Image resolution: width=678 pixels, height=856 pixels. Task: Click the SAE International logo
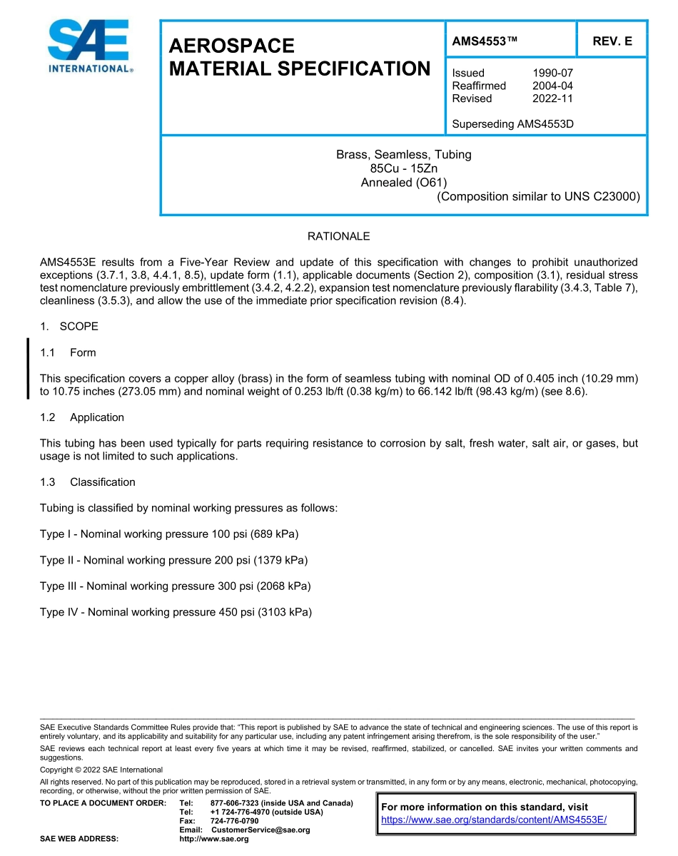coord(88,46)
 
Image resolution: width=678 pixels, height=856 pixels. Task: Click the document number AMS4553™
coord(484,41)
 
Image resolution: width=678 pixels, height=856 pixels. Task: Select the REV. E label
coord(612,41)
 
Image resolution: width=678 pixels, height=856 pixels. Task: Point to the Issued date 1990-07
coord(552,73)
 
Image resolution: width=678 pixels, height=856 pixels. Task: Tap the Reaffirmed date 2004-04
coord(552,86)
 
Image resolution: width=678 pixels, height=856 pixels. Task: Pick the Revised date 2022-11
coord(552,98)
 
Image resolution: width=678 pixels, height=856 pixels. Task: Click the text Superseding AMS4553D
coord(512,124)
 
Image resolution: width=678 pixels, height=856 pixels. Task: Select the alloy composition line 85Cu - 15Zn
coord(403,168)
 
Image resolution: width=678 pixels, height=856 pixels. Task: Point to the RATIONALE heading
coord(338,236)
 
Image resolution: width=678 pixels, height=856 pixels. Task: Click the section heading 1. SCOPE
coord(69,327)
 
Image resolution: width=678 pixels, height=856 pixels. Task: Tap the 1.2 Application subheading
coord(82,417)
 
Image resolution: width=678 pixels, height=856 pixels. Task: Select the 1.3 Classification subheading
coord(88,482)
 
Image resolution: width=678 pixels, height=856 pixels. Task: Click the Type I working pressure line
coord(169,534)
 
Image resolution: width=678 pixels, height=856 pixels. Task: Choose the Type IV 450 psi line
coord(176,612)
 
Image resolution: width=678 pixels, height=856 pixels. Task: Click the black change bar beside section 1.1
coord(28,368)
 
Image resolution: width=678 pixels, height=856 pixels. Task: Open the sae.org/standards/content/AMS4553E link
coord(494,820)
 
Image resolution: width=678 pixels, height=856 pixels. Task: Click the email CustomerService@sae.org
coord(260,830)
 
